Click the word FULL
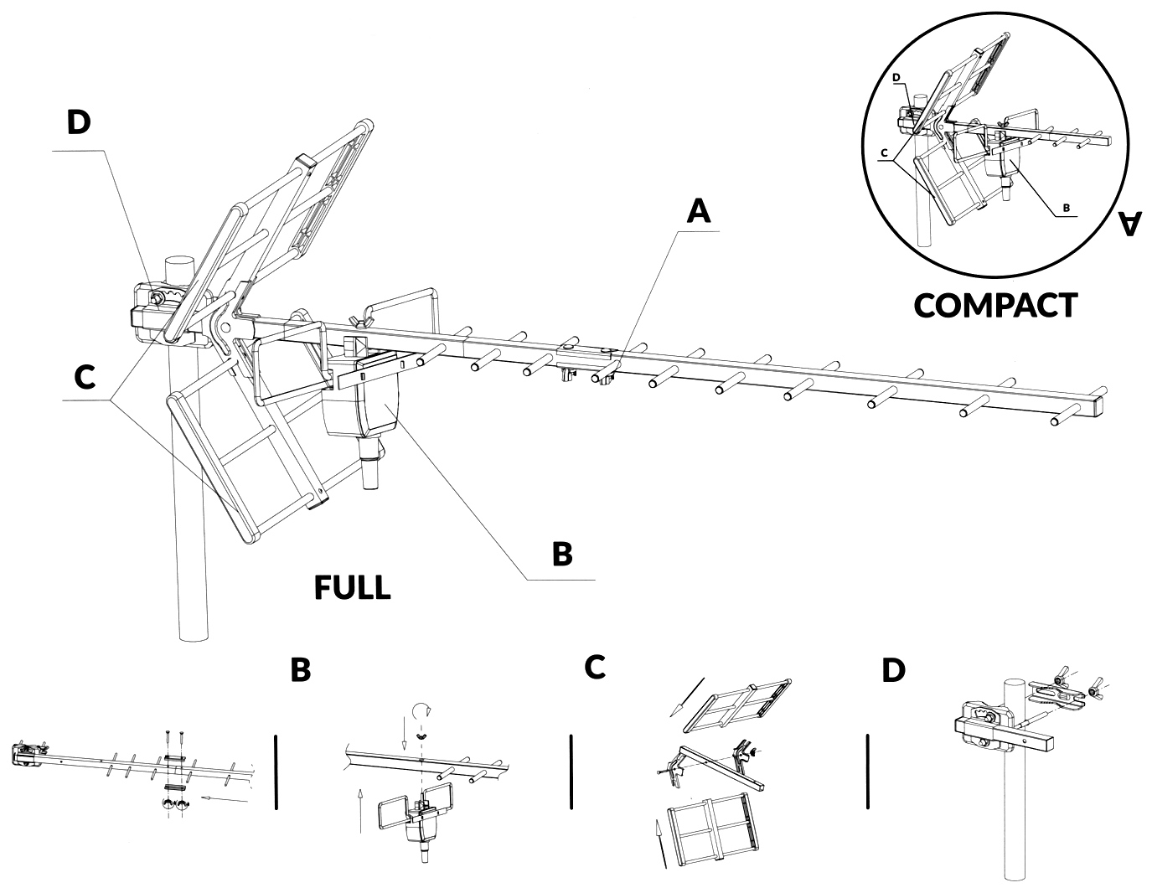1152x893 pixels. (x=352, y=587)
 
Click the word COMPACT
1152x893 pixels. (x=994, y=305)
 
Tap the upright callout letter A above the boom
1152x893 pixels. (x=698, y=210)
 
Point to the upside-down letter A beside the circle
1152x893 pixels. (x=1129, y=224)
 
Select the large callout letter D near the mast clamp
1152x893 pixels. (x=78, y=122)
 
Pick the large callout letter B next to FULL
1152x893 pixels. (x=562, y=554)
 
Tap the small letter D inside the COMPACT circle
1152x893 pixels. (x=896, y=77)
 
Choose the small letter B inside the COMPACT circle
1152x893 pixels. (x=1066, y=206)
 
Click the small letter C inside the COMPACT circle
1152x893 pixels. (x=883, y=153)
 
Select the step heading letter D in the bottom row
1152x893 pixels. (x=894, y=670)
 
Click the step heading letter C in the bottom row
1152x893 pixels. (x=595, y=667)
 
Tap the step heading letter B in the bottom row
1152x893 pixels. (x=300, y=670)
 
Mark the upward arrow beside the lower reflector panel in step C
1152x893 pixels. (x=660, y=842)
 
